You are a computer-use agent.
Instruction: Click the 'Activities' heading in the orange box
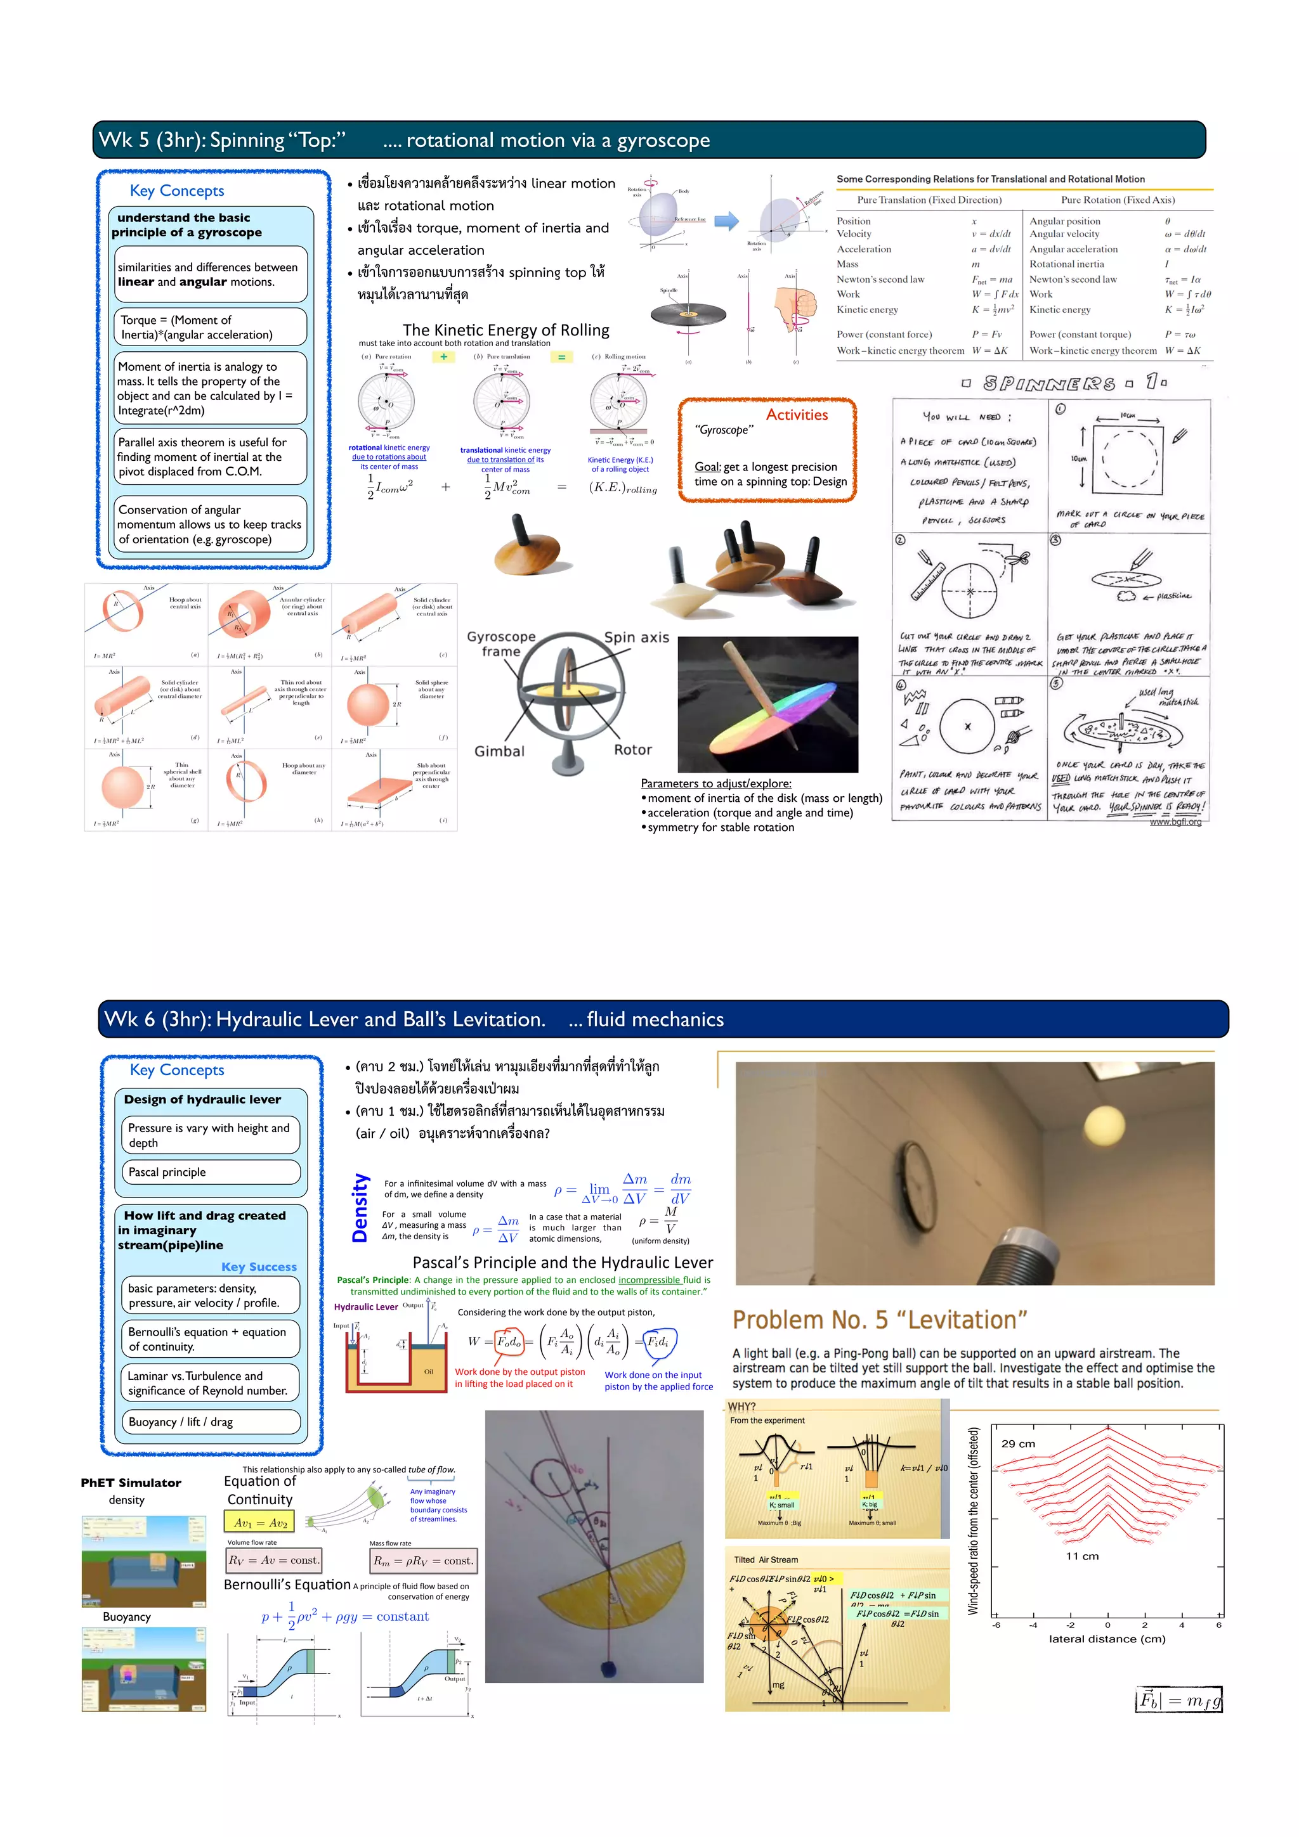pyautogui.click(x=797, y=415)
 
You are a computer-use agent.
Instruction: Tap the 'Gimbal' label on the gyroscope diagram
pyautogui.click(x=499, y=751)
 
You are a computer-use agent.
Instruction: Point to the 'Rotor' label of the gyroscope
pyautogui.click(x=632, y=750)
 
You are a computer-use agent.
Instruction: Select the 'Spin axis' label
pyautogui.click(x=636, y=637)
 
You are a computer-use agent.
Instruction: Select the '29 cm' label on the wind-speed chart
pyautogui.click(x=1018, y=1444)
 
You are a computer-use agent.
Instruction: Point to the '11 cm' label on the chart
pyautogui.click(x=1082, y=1556)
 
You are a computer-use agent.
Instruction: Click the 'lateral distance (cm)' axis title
pyautogui.click(x=1107, y=1639)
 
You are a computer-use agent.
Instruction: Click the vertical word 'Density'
pyautogui.click(x=360, y=1208)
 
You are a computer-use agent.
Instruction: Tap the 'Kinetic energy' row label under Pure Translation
pyautogui.click(x=867, y=309)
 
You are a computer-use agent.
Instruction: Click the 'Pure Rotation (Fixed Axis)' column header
pyautogui.click(x=1118, y=200)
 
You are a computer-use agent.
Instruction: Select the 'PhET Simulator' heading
pyautogui.click(x=131, y=1483)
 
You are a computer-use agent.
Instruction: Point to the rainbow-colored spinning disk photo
pyautogui.click(x=767, y=705)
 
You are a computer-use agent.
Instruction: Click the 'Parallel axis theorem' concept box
pyautogui.click(x=210, y=457)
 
